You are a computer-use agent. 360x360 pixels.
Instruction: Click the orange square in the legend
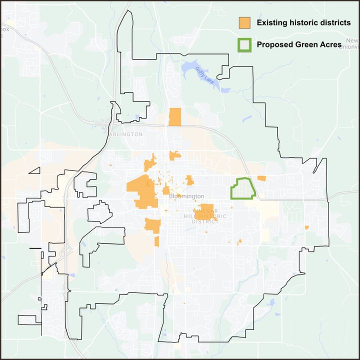click(244, 23)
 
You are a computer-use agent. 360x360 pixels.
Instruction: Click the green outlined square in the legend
click(244, 45)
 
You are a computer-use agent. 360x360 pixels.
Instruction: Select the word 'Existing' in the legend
click(270, 23)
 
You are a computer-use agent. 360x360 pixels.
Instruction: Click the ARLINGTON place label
click(125, 134)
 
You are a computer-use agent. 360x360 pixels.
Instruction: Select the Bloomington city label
click(186, 196)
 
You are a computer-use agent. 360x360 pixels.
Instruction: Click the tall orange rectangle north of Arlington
click(175, 117)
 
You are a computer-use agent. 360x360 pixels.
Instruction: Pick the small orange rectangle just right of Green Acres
click(261, 178)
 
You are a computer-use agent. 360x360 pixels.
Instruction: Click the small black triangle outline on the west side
click(34, 170)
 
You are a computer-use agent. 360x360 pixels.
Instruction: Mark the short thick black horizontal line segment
click(35, 248)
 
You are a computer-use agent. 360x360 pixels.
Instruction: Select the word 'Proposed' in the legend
click(273, 44)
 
